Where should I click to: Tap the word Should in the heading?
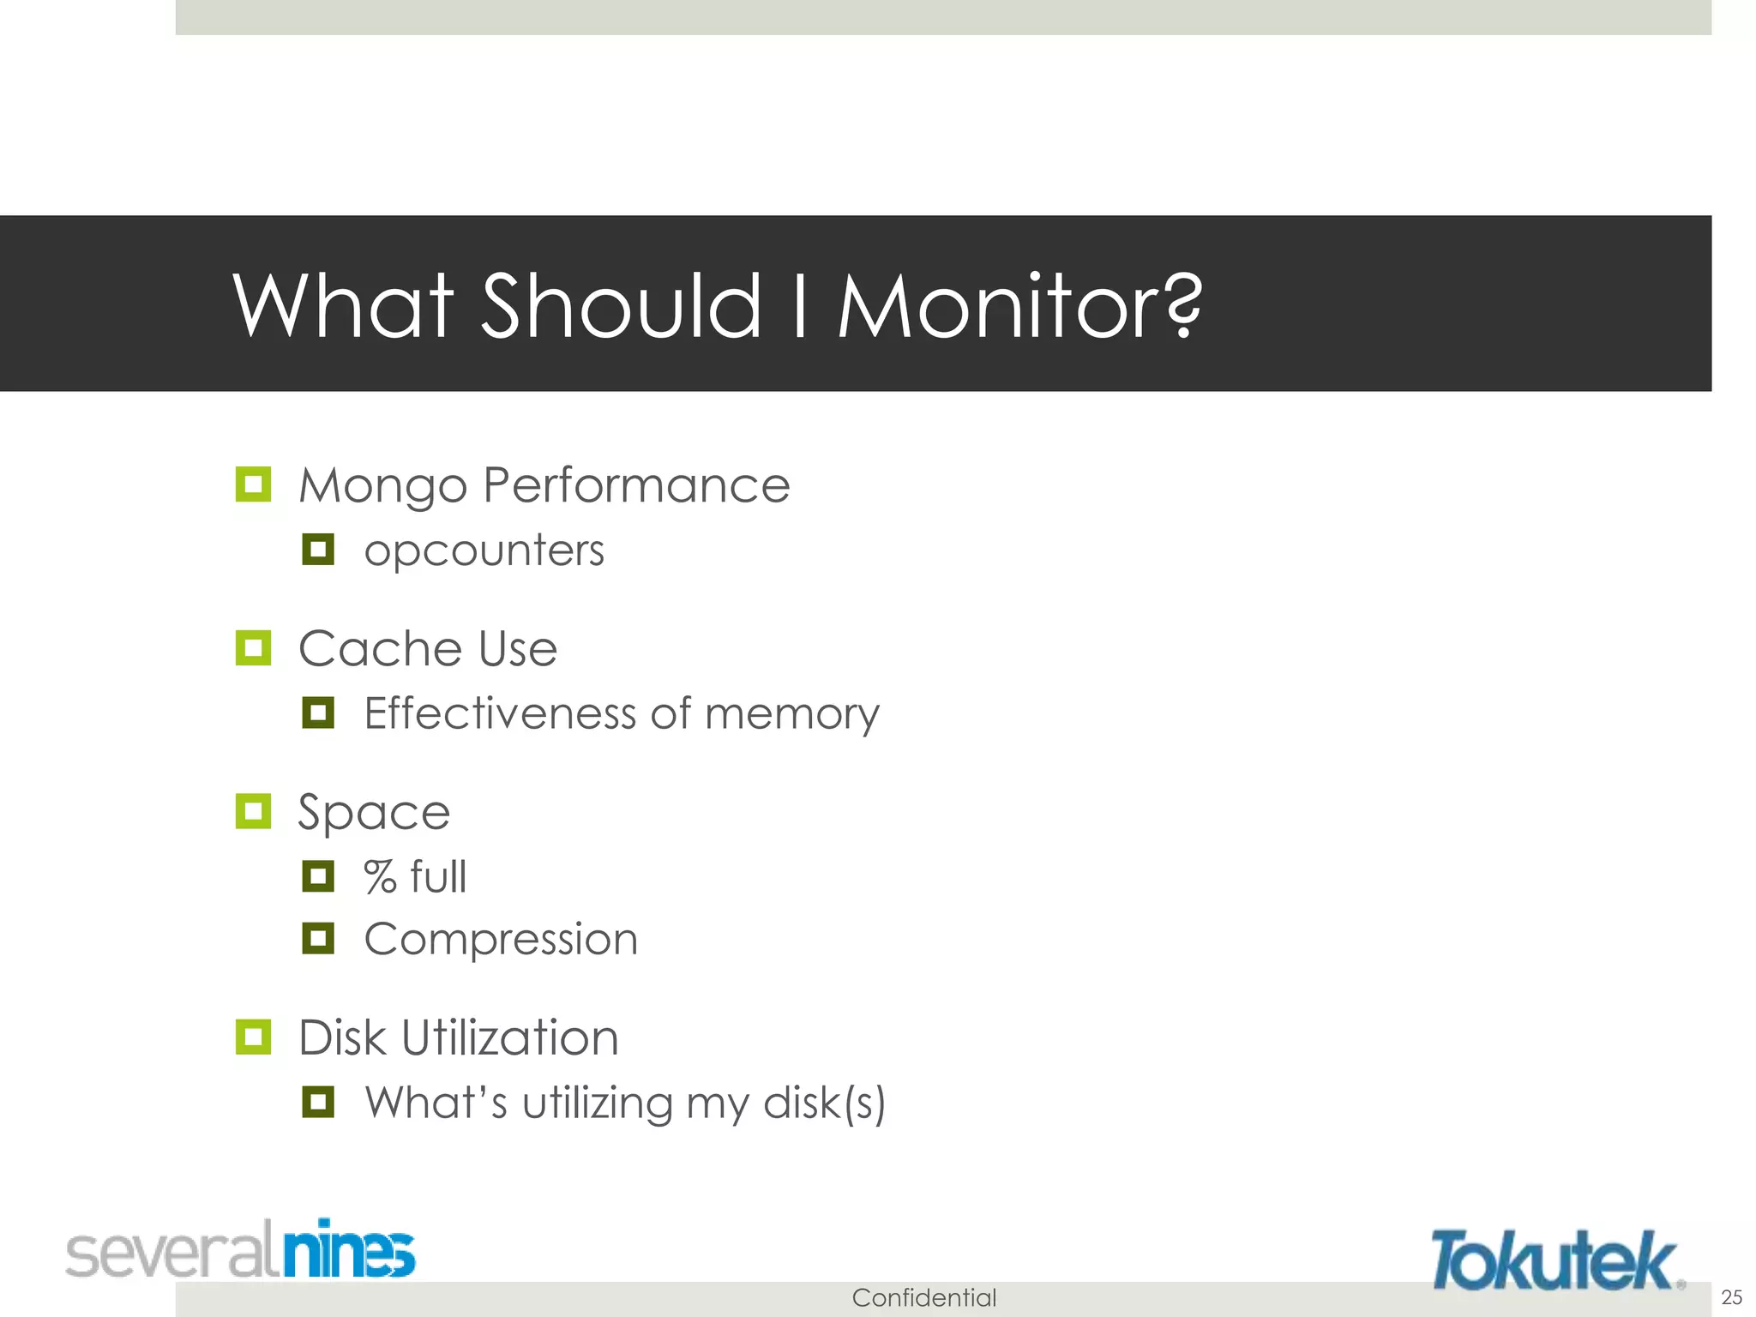point(621,306)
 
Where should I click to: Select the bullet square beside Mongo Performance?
point(253,484)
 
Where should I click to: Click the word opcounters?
point(484,550)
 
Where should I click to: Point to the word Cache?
point(381,648)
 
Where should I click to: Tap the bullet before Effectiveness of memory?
point(318,713)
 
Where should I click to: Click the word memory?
point(791,714)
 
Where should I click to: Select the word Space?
point(374,812)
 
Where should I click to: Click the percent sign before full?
point(380,877)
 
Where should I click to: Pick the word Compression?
point(501,940)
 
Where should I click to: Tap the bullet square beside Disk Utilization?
point(253,1037)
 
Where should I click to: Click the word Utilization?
point(509,1037)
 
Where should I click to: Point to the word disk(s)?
point(823,1103)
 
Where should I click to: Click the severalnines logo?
point(241,1249)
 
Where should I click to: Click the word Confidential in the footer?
point(923,1297)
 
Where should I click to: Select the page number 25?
point(1731,1296)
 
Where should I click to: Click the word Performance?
point(635,485)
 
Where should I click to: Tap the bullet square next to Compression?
point(318,938)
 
